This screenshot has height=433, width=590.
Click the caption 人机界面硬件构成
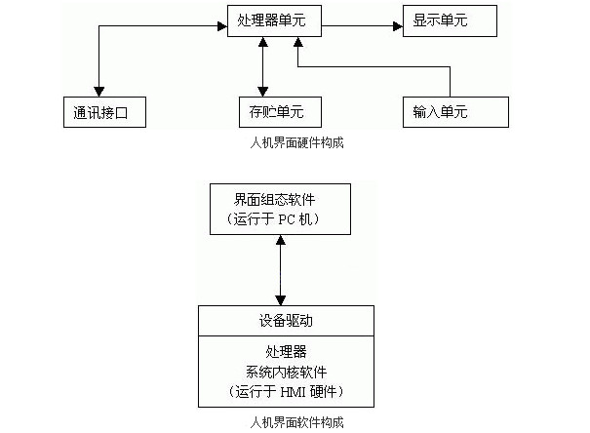(x=296, y=142)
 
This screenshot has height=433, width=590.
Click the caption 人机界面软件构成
(x=296, y=422)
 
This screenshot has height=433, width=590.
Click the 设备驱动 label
(x=285, y=320)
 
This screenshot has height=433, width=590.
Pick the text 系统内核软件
(x=285, y=371)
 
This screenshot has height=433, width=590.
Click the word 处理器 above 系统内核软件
(x=285, y=350)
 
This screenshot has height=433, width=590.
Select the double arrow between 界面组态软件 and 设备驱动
(x=282, y=269)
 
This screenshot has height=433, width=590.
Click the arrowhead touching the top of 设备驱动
(x=282, y=299)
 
